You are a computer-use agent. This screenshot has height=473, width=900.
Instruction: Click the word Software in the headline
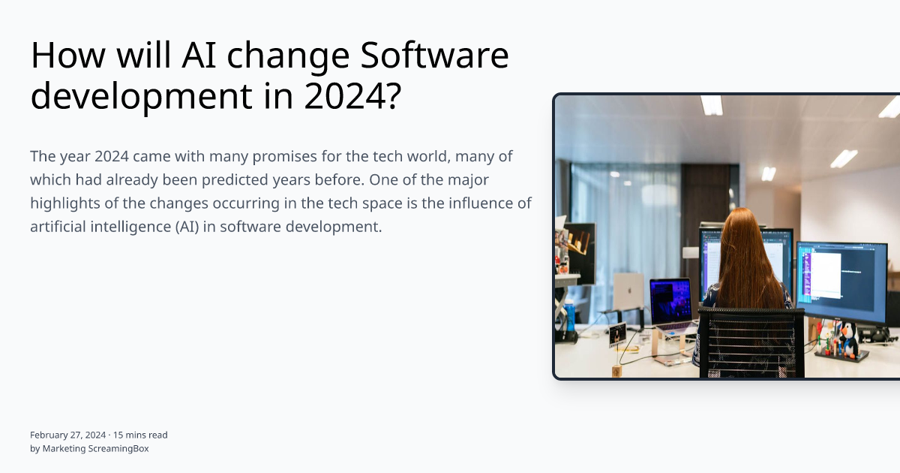pos(434,56)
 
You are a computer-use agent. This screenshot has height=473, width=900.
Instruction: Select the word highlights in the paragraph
pos(65,203)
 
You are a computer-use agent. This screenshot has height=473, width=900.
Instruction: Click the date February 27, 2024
pos(67,435)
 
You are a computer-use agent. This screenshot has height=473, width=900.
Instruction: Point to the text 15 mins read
pos(140,435)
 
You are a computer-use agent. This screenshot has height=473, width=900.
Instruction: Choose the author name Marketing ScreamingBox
pos(95,449)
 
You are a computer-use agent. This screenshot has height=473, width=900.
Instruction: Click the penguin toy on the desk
pos(848,339)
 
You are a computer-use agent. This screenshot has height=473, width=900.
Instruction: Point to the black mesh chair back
pos(751,342)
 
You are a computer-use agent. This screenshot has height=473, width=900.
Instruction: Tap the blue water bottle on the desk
pos(570,315)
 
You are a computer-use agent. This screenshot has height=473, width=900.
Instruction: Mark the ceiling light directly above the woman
pos(711,104)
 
